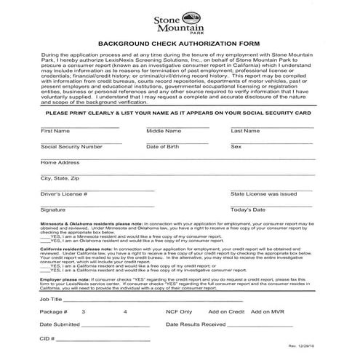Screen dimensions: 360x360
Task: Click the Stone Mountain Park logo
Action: click(x=180, y=23)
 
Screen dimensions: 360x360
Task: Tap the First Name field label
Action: click(x=55, y=131)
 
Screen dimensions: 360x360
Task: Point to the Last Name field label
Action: click(x=246, y=131)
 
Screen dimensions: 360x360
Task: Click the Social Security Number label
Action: click(x=71, y=146)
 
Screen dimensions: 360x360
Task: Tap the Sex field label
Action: click(x=236, y=146)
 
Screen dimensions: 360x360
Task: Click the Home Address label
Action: click(x=60, y=162)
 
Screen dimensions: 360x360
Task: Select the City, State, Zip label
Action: click(x=60, y=178)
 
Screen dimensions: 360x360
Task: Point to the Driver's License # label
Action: click(x=64, y=194)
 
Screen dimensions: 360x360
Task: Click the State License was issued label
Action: click(x=263, y=194)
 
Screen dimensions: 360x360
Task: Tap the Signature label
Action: click(x=53, y=209)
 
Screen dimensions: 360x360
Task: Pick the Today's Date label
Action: click(x=248, y=209)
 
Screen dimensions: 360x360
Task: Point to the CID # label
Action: click(x=48, y=338)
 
